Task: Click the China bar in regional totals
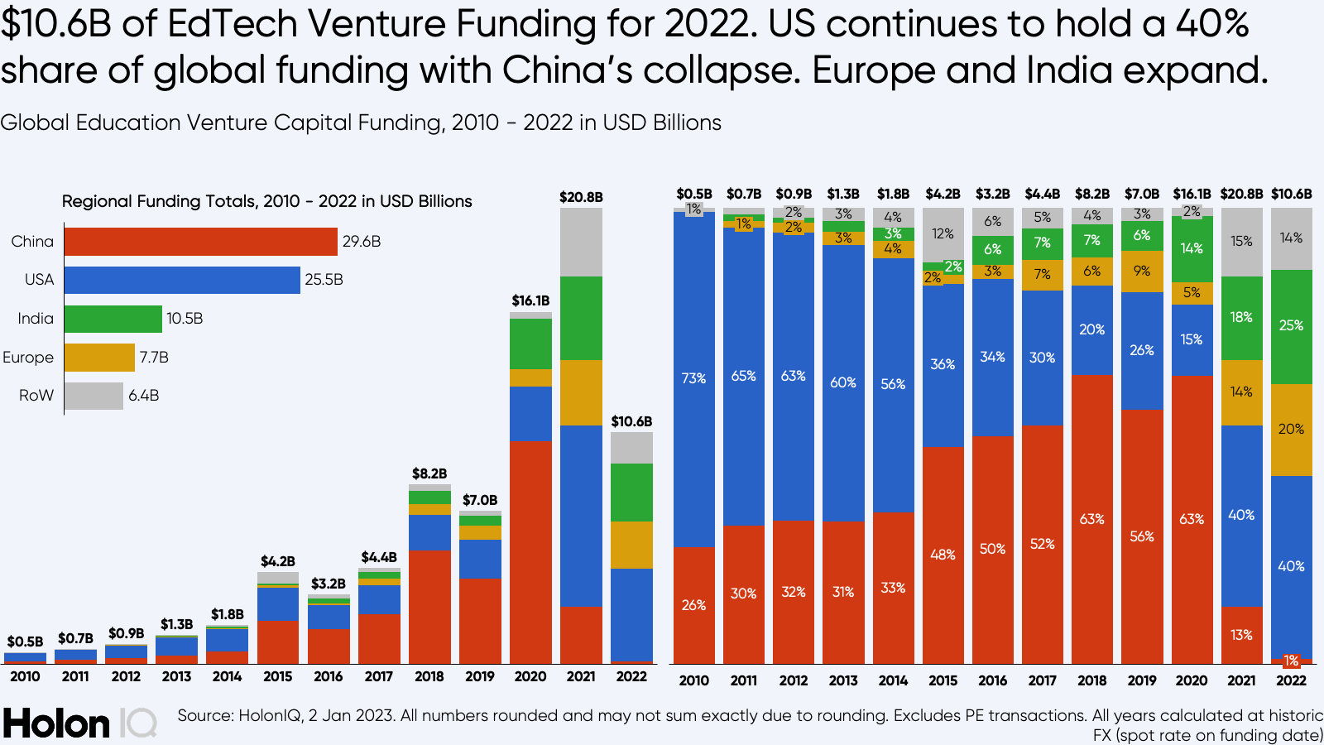coord(200,242)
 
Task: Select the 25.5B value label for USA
coord(324,280)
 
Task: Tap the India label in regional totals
coord(36,319)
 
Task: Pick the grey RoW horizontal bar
coord(94,396)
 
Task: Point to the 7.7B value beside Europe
coord(154,358)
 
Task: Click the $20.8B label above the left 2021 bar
coord(581,197)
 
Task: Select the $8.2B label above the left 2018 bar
coord(429,473)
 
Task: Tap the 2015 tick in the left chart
coord(278,676)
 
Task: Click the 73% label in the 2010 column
coord(693,378)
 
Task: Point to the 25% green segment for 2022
coord(1291,325)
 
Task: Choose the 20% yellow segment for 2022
coord(1291,429)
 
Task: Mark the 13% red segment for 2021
coord(1241,635)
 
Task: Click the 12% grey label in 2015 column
coord(943,234)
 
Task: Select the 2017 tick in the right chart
coord(1042,680)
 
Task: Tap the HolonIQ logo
coord(79,723)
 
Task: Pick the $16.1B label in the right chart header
coord(1192,194)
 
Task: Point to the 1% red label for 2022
coord(1291,661)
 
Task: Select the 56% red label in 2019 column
coord(1142,536)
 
